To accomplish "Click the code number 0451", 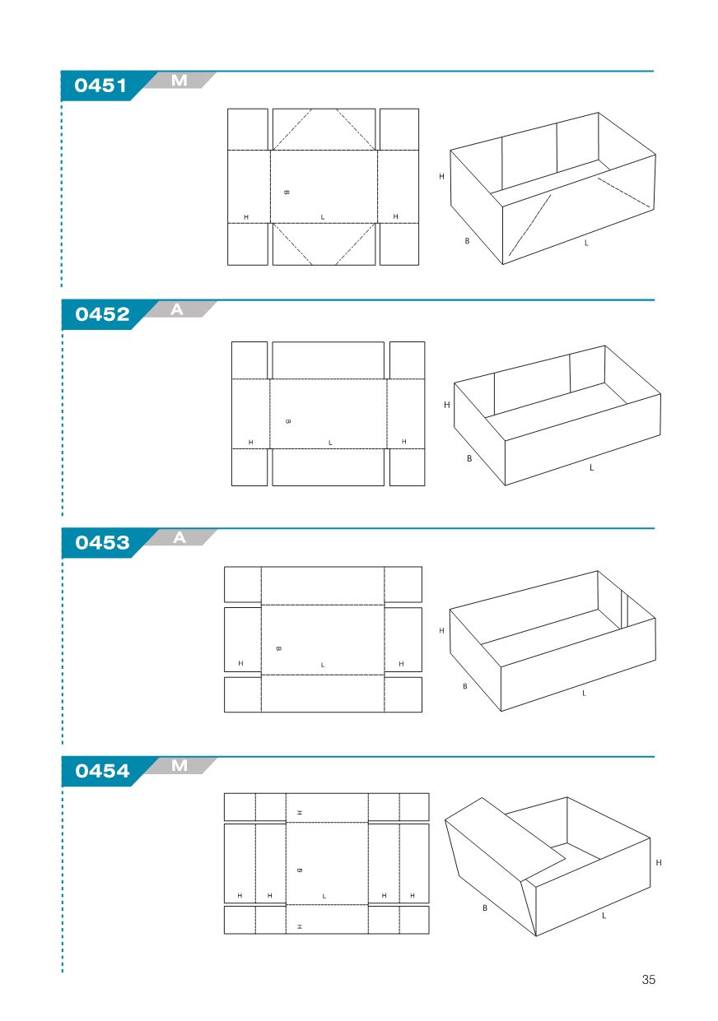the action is point(100,86).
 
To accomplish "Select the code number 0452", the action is point(102,314).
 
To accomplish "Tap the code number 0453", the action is point(102,542).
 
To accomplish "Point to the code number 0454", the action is point(102,771).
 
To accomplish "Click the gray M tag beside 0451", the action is point(179,81).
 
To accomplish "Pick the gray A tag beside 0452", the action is point(177,309).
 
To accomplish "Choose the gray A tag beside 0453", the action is point(179,538).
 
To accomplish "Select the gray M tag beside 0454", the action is point(179,766).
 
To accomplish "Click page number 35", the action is point(648,980).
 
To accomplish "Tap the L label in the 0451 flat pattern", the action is point(323,217).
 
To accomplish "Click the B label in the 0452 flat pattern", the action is point(288,421).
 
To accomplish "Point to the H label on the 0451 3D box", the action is point(441,176).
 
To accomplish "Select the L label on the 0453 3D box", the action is point(584,694).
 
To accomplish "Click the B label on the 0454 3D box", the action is point(485,908).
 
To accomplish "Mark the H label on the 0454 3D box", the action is point(658,862).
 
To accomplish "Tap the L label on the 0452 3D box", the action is point(592,467).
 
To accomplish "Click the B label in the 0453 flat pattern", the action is point(278,648).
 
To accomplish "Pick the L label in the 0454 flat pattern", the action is point(324,896).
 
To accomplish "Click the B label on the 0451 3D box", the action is point(467,241).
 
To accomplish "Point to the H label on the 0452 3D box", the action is point(447,404).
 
